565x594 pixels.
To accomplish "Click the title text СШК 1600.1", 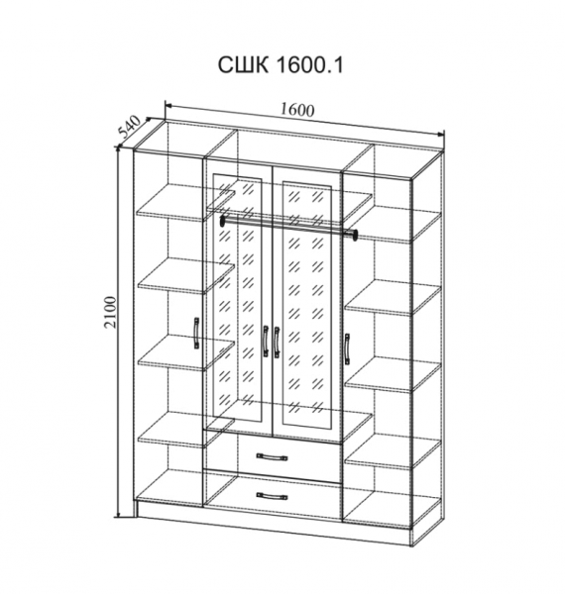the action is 281,65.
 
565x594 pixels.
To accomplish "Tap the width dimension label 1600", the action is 297,110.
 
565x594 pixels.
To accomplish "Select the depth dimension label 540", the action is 129,126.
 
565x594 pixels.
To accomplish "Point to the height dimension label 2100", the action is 110,312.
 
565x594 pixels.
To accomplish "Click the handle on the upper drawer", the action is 272,457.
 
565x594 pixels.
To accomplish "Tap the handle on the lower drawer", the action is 272,496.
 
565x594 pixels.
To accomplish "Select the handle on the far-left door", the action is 196,333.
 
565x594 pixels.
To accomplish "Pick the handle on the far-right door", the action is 347,348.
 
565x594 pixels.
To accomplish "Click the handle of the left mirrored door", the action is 265,341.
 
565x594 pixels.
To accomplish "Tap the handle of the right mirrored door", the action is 277,342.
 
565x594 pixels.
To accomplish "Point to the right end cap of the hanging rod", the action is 355,235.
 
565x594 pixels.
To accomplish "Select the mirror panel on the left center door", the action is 237,297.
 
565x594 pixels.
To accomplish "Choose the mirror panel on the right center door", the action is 306,307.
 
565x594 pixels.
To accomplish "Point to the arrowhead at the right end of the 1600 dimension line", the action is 440,134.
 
